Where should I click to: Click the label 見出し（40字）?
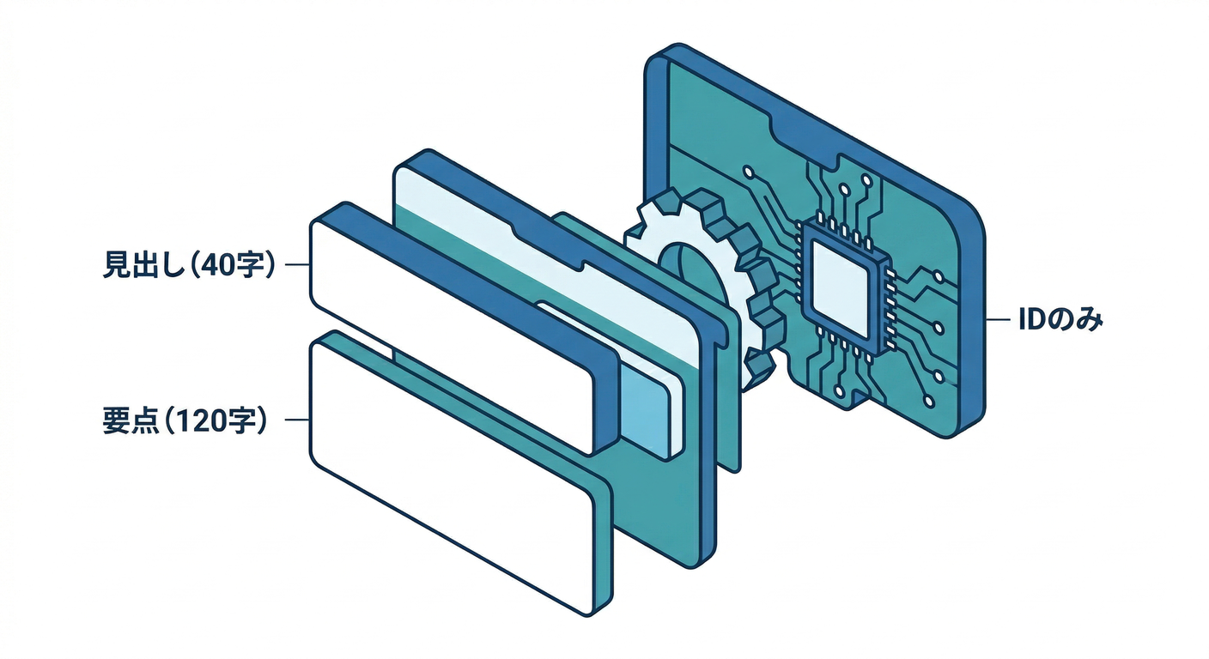pos(189,265)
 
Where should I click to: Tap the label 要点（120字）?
pos(185,420)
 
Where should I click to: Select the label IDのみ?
pos(1060,320)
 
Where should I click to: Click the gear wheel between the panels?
pos(702,286)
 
